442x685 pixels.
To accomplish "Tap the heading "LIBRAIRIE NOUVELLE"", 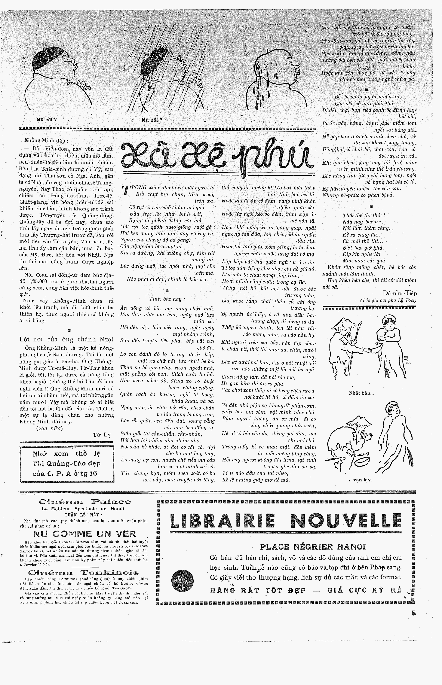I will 285,521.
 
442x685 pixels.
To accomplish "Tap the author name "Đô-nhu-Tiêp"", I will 399,293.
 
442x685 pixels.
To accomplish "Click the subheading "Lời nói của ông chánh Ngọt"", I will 66,339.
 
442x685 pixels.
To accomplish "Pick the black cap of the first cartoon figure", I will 46,59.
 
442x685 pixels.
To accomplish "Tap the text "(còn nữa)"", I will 49,428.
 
